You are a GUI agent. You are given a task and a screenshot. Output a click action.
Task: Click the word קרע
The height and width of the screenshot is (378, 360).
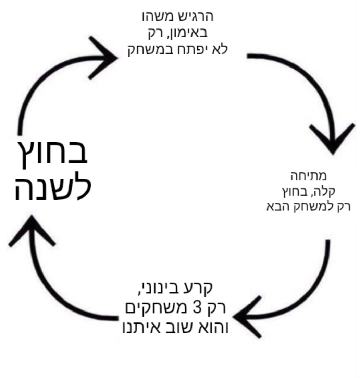201,288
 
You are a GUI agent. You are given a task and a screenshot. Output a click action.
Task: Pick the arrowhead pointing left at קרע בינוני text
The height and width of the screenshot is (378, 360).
248,317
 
